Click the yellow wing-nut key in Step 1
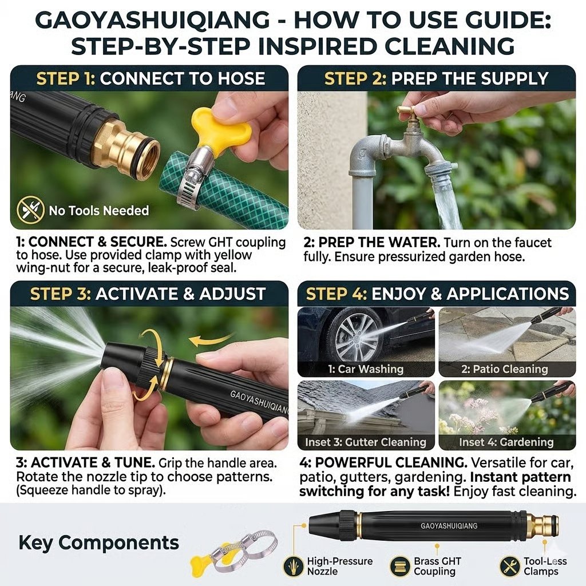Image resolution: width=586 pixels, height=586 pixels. tap(219, 128)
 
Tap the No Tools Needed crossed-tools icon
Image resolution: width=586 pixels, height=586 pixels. tap(31, 210)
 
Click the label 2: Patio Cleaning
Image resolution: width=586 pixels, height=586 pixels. tap(504, 369)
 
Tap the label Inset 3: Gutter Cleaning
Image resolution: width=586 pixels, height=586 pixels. tap(366, 442)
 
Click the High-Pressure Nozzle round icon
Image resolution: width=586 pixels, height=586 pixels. tap(294, 566)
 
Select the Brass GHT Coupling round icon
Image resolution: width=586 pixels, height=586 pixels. tap(399, 566)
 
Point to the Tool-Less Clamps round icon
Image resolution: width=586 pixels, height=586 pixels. tap(509, 566)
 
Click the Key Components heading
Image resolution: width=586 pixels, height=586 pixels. tap(98, 543)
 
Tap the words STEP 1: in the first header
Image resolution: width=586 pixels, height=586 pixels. tap(66, 79)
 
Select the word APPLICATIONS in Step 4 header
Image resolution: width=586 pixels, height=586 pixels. tap(508, 294)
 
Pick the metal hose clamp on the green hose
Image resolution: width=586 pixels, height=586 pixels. tap(191, 175)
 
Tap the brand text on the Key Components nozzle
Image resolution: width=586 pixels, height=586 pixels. tap(449, 526)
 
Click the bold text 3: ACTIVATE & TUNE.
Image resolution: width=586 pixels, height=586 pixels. tap(85, 462)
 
